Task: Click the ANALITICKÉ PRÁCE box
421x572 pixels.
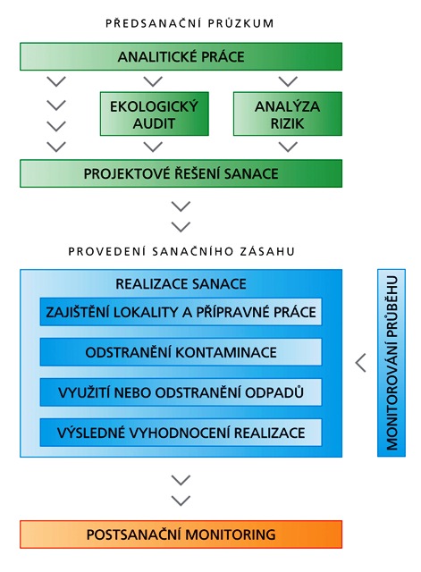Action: click(181, 56)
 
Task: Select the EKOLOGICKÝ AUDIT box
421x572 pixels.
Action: click(155, 114)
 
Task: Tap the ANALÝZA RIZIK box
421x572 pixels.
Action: click(288, 114)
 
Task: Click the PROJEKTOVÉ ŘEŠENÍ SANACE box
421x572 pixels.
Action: click(181, 173)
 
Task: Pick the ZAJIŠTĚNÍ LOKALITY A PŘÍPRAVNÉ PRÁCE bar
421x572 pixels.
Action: click(181, 312)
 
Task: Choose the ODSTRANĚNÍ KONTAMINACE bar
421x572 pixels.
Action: click(181, 352)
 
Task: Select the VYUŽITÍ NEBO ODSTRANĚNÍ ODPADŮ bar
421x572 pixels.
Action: click(181, 392)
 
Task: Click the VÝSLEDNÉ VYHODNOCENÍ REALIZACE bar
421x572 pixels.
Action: click(181, 433)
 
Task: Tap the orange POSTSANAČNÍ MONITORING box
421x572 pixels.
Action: click(181, 534)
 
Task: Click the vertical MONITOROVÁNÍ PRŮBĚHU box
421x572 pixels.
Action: click(392, 363)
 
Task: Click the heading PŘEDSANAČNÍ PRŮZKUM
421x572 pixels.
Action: click(189, 23)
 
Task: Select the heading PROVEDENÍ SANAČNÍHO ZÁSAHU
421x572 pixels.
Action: click(181, 251)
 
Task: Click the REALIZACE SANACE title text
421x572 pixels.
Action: click(181, 284)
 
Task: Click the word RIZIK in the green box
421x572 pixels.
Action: click(287, 123)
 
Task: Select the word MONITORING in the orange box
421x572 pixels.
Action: click(231, 534)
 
